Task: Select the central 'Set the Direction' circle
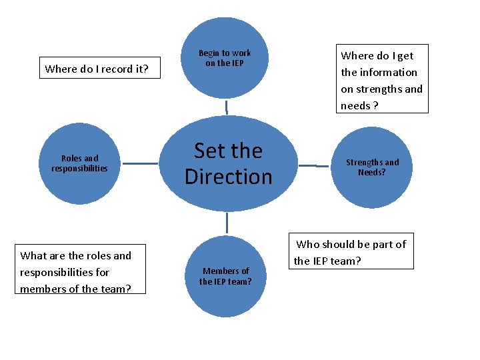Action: tap(229, 164)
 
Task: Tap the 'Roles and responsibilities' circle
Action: tap(79, 163)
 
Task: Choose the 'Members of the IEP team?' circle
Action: tap(226, 276)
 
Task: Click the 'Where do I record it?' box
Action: tap(97, 68)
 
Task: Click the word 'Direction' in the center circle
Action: tap(229, 177)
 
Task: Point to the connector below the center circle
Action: tap(227, 222)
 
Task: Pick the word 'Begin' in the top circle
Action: tap(209, 53)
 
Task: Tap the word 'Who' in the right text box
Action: tap(308, 244)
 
